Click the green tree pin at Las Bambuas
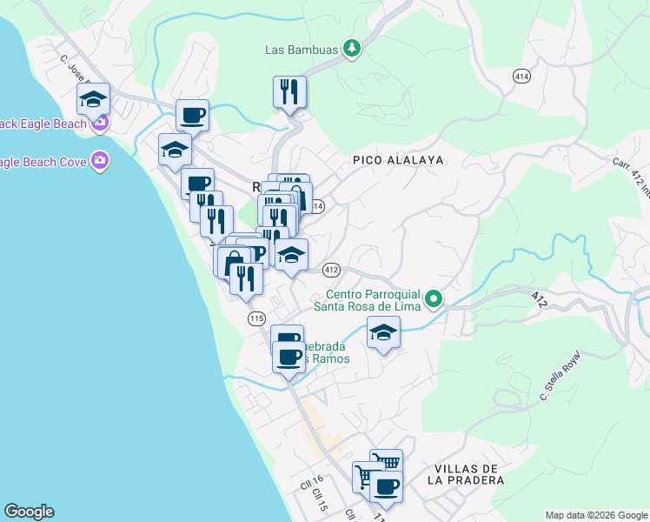click(352, 49)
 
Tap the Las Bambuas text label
click(302, 50)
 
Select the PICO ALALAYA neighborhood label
click(398, 160)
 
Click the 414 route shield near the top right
click(521, 76)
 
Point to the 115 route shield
click(255, 318)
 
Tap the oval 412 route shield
click(331, 270)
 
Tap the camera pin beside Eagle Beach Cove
click(101, 160)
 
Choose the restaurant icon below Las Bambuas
click(289, 91)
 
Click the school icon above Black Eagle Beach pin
click(93, 98)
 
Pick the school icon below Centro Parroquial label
click(382, 331)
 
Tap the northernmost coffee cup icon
click(192, 114)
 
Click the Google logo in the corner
click(29, 512)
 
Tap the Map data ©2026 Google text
click(595, 515)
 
